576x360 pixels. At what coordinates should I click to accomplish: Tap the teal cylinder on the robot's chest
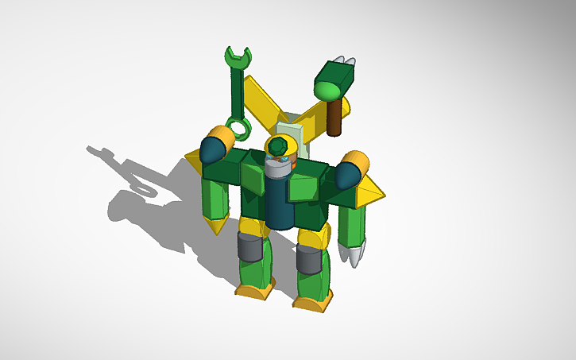[x=278, y=203]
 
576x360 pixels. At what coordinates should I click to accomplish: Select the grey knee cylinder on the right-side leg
[x=308, y=259]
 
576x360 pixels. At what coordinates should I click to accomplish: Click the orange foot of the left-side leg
[x=254, y=292]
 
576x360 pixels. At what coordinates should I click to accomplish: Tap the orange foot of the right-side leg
[x=311, y=303]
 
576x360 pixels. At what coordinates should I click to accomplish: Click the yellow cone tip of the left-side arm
[x=215, y=228]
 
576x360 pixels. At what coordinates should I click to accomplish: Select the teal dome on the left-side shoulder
[x=212, y=149]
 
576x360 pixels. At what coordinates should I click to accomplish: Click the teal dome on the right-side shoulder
[x=346, y=174]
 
